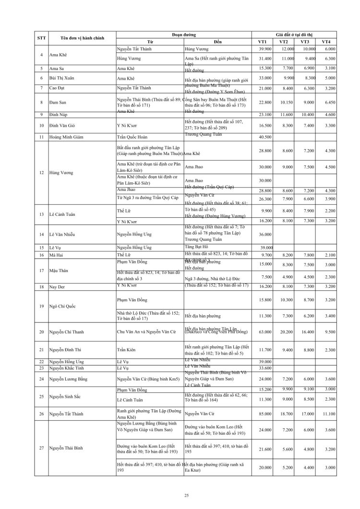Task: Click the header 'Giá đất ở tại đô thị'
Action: tap(296, 35)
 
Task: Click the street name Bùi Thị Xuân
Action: tap(63, 78)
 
